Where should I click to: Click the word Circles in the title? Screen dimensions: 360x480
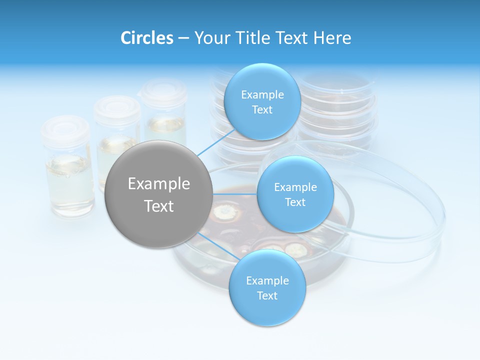click(147, 38)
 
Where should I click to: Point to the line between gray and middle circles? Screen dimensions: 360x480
click(235, 193)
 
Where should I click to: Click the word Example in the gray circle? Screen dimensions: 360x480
click(159, 184)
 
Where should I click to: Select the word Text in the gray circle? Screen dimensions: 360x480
click(159, 206)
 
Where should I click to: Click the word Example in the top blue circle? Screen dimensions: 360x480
click(262, 95)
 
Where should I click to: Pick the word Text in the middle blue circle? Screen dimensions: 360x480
click(295, 202)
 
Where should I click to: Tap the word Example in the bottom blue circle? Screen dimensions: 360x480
click(267, 281)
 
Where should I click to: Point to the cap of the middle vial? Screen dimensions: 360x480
click(117, 106)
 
